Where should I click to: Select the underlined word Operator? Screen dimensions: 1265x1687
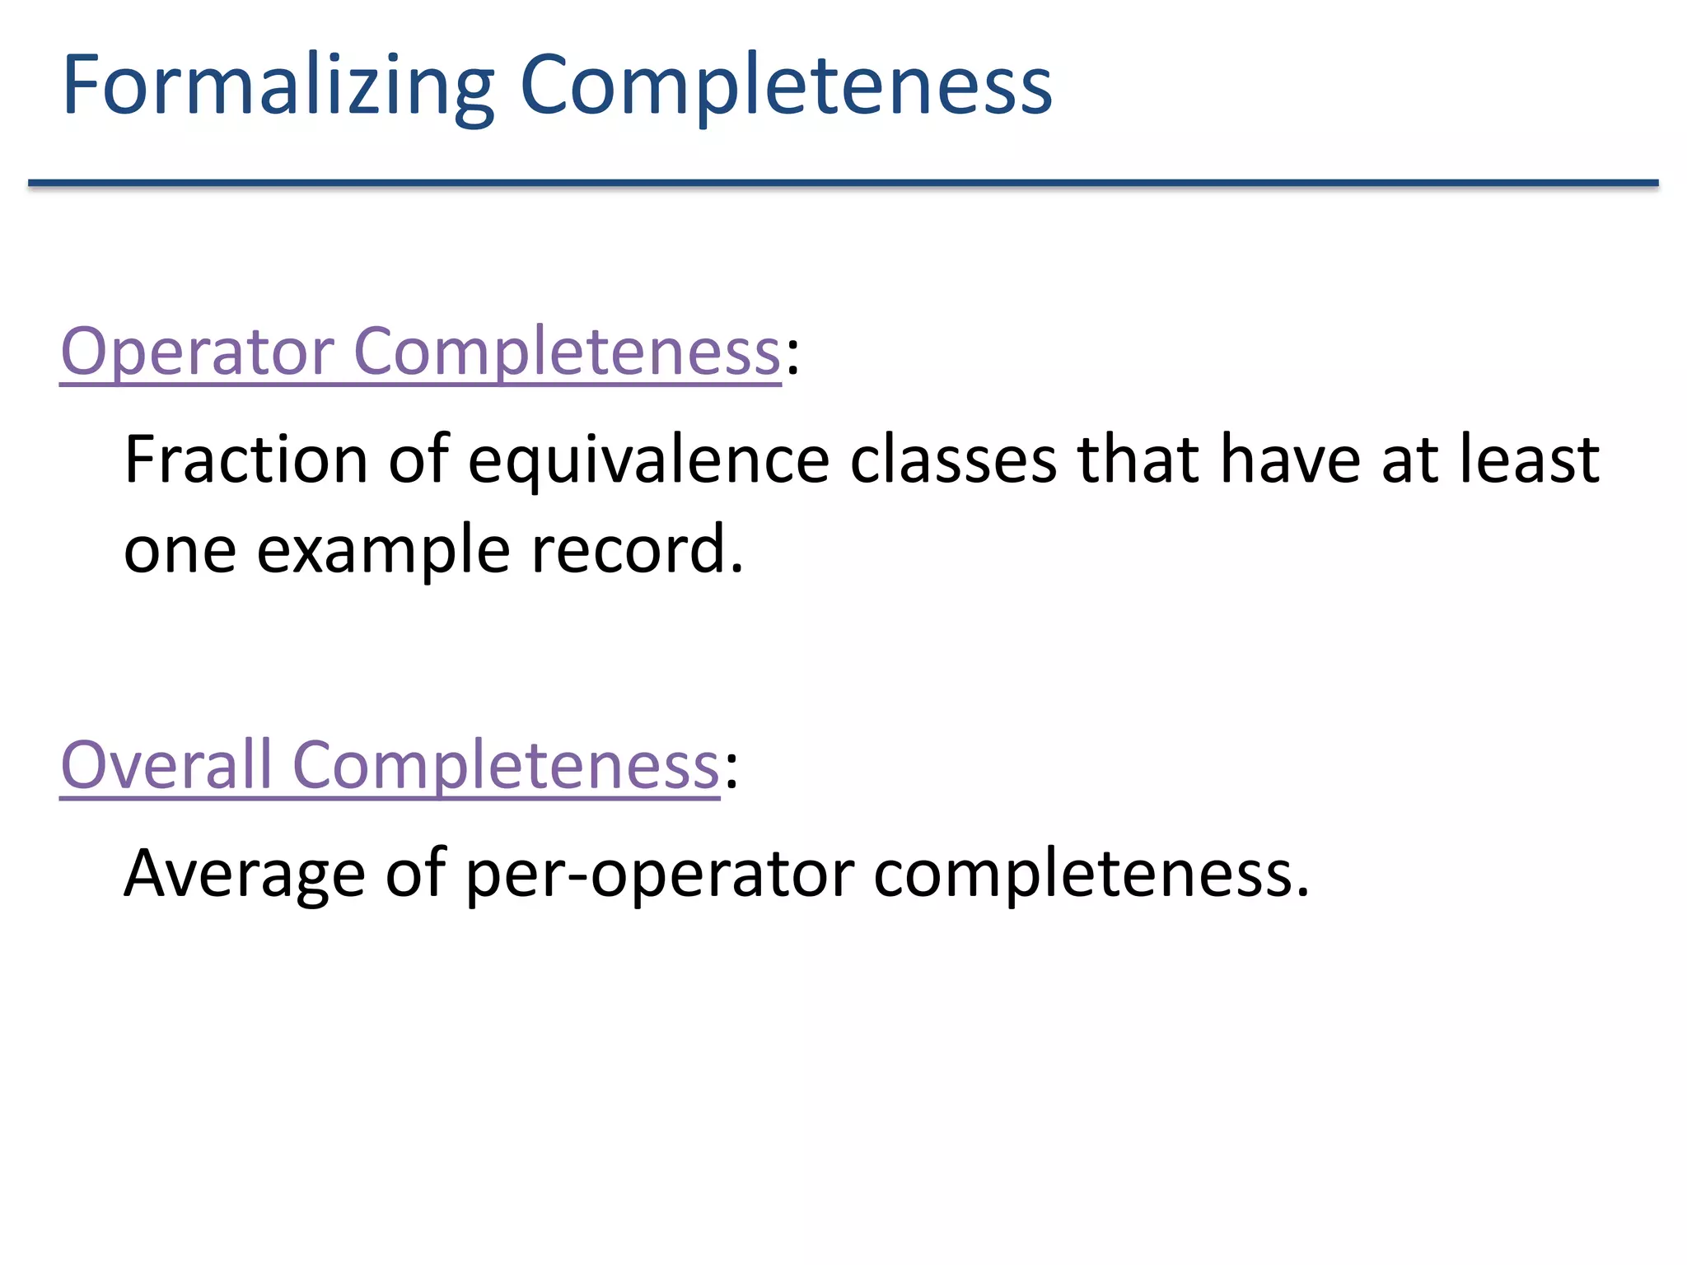click(x=197, y=352)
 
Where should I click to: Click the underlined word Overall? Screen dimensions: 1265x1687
click(x=166, y=766)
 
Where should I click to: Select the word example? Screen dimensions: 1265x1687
click(x=383, y=550)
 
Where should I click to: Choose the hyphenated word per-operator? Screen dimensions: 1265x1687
click(x=660, y=875)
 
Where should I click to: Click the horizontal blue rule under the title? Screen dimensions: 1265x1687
click(x=843, y=183)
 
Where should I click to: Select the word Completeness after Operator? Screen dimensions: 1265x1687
click(x=567, y=352)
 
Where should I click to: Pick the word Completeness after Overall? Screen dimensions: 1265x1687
click(x=506, y=766)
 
